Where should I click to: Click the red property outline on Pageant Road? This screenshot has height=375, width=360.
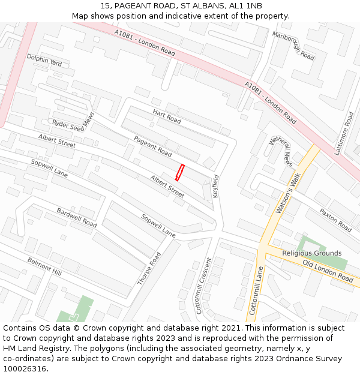(x=179, y=172)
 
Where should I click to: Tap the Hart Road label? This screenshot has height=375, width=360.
(x=167, y=116)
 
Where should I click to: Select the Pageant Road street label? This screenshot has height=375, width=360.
(x=152, y=146)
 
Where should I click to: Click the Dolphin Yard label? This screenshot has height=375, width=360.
(x=44, y=60)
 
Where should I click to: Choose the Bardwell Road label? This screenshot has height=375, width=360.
(x=77, y=217)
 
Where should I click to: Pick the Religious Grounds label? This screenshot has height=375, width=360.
(x=312, y=253)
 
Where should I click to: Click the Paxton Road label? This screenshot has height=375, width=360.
(x=335, y=221)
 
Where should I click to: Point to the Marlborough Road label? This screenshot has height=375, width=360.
(x=293, y=45)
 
